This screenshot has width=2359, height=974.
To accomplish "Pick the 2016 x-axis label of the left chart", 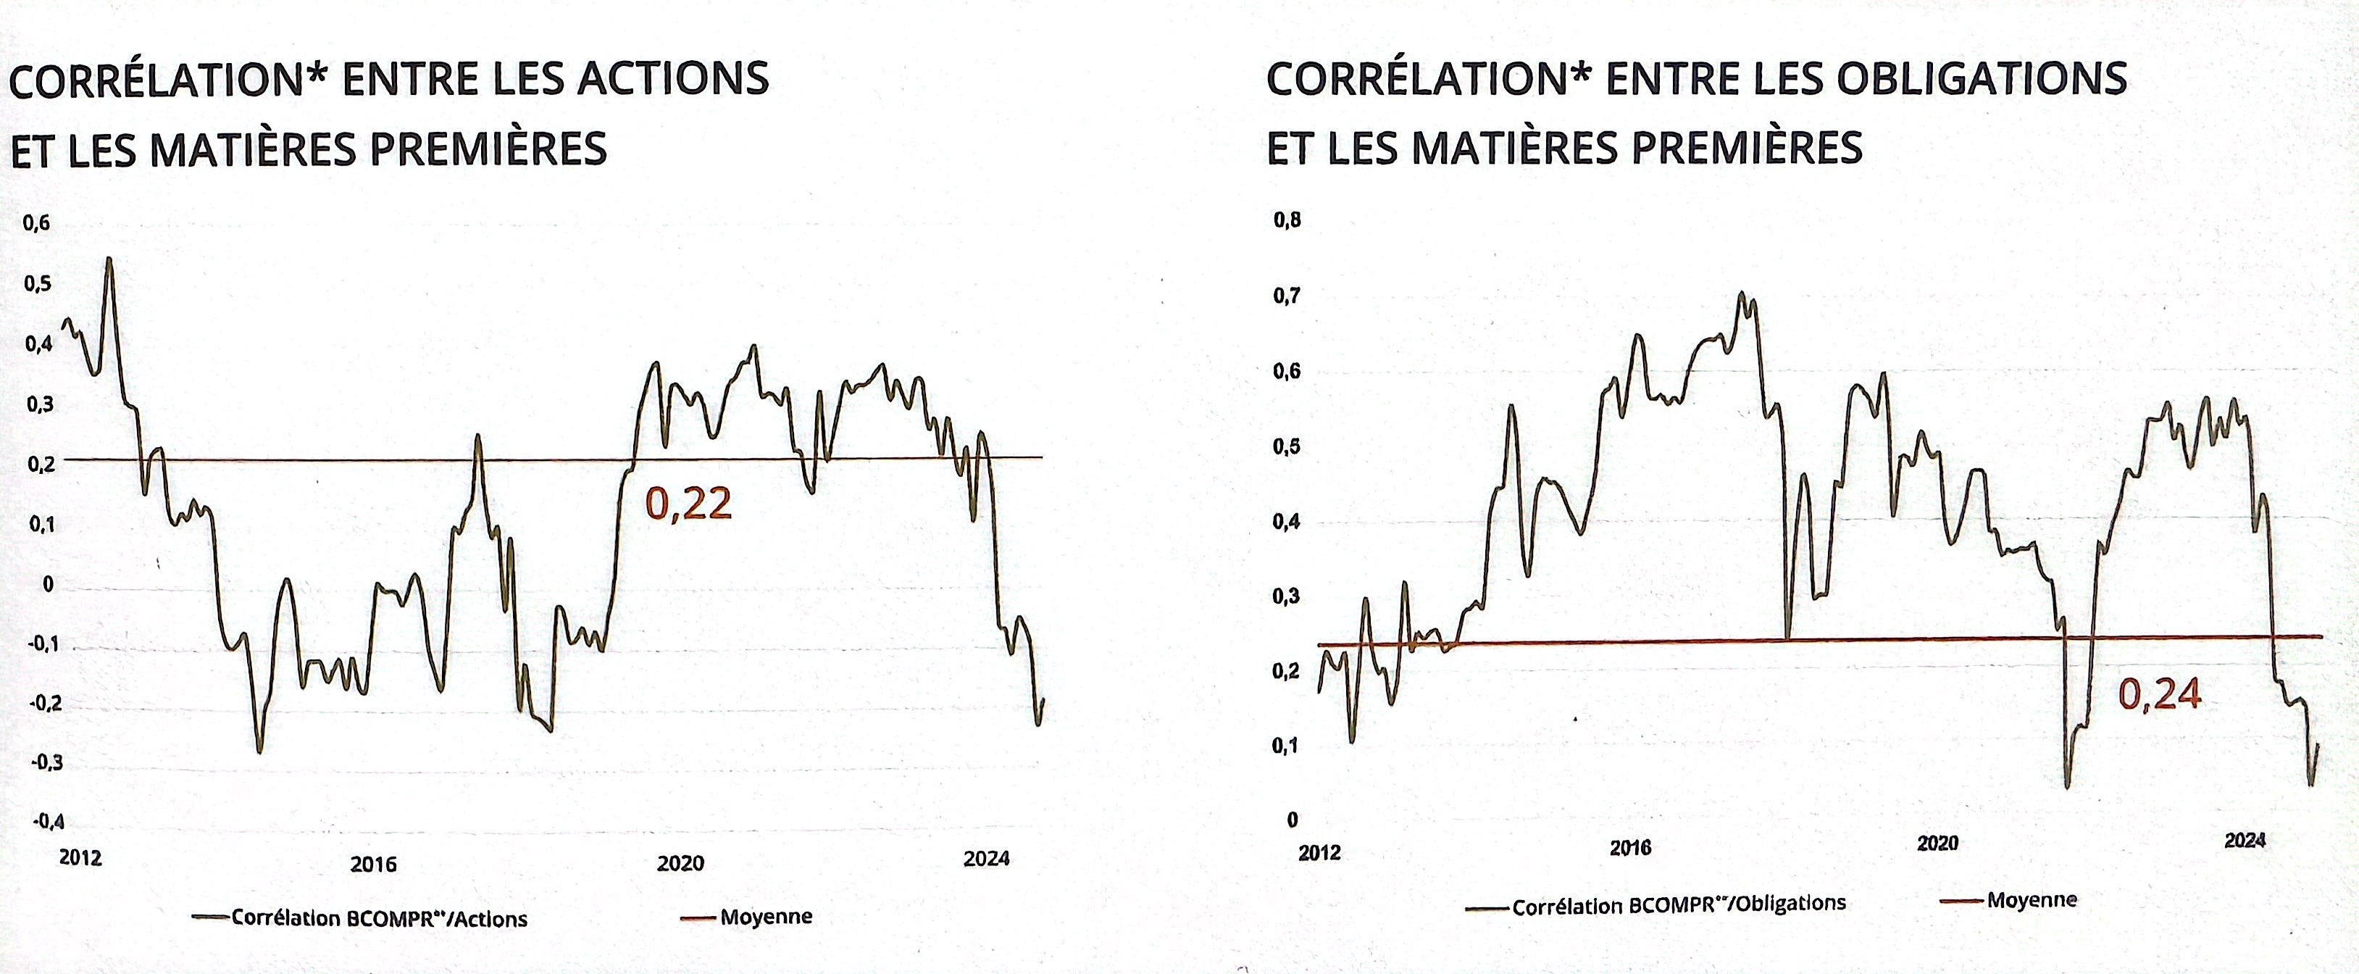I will pos(374,864).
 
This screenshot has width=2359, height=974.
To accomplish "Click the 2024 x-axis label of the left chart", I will pos(986,859).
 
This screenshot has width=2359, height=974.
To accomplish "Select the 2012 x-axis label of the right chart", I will pos(1319,853).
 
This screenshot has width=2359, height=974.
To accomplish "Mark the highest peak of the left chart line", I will pos(109,259).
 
